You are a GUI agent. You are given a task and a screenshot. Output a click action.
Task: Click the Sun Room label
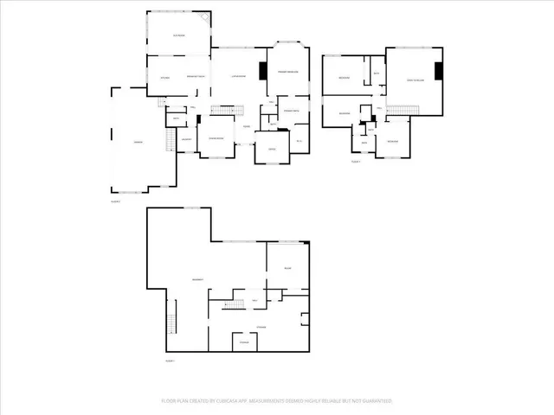click(179, 35)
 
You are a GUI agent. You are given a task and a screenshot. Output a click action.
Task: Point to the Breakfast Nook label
click(196, 78)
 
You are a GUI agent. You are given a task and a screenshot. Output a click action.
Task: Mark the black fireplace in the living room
click(262, 72)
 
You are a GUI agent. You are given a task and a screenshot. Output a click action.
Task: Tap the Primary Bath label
click(291, 112)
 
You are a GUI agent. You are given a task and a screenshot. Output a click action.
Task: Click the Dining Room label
click(216, 139)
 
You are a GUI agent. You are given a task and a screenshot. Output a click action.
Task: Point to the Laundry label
click(185, 139)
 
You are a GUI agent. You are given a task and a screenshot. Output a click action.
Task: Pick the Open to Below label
click(415, 80)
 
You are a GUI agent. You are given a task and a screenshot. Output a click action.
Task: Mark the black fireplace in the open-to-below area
click(438, 72)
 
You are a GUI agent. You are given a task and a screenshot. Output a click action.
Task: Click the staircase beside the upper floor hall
click(402, 109)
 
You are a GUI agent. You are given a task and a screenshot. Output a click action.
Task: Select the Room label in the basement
click(287, 269)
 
